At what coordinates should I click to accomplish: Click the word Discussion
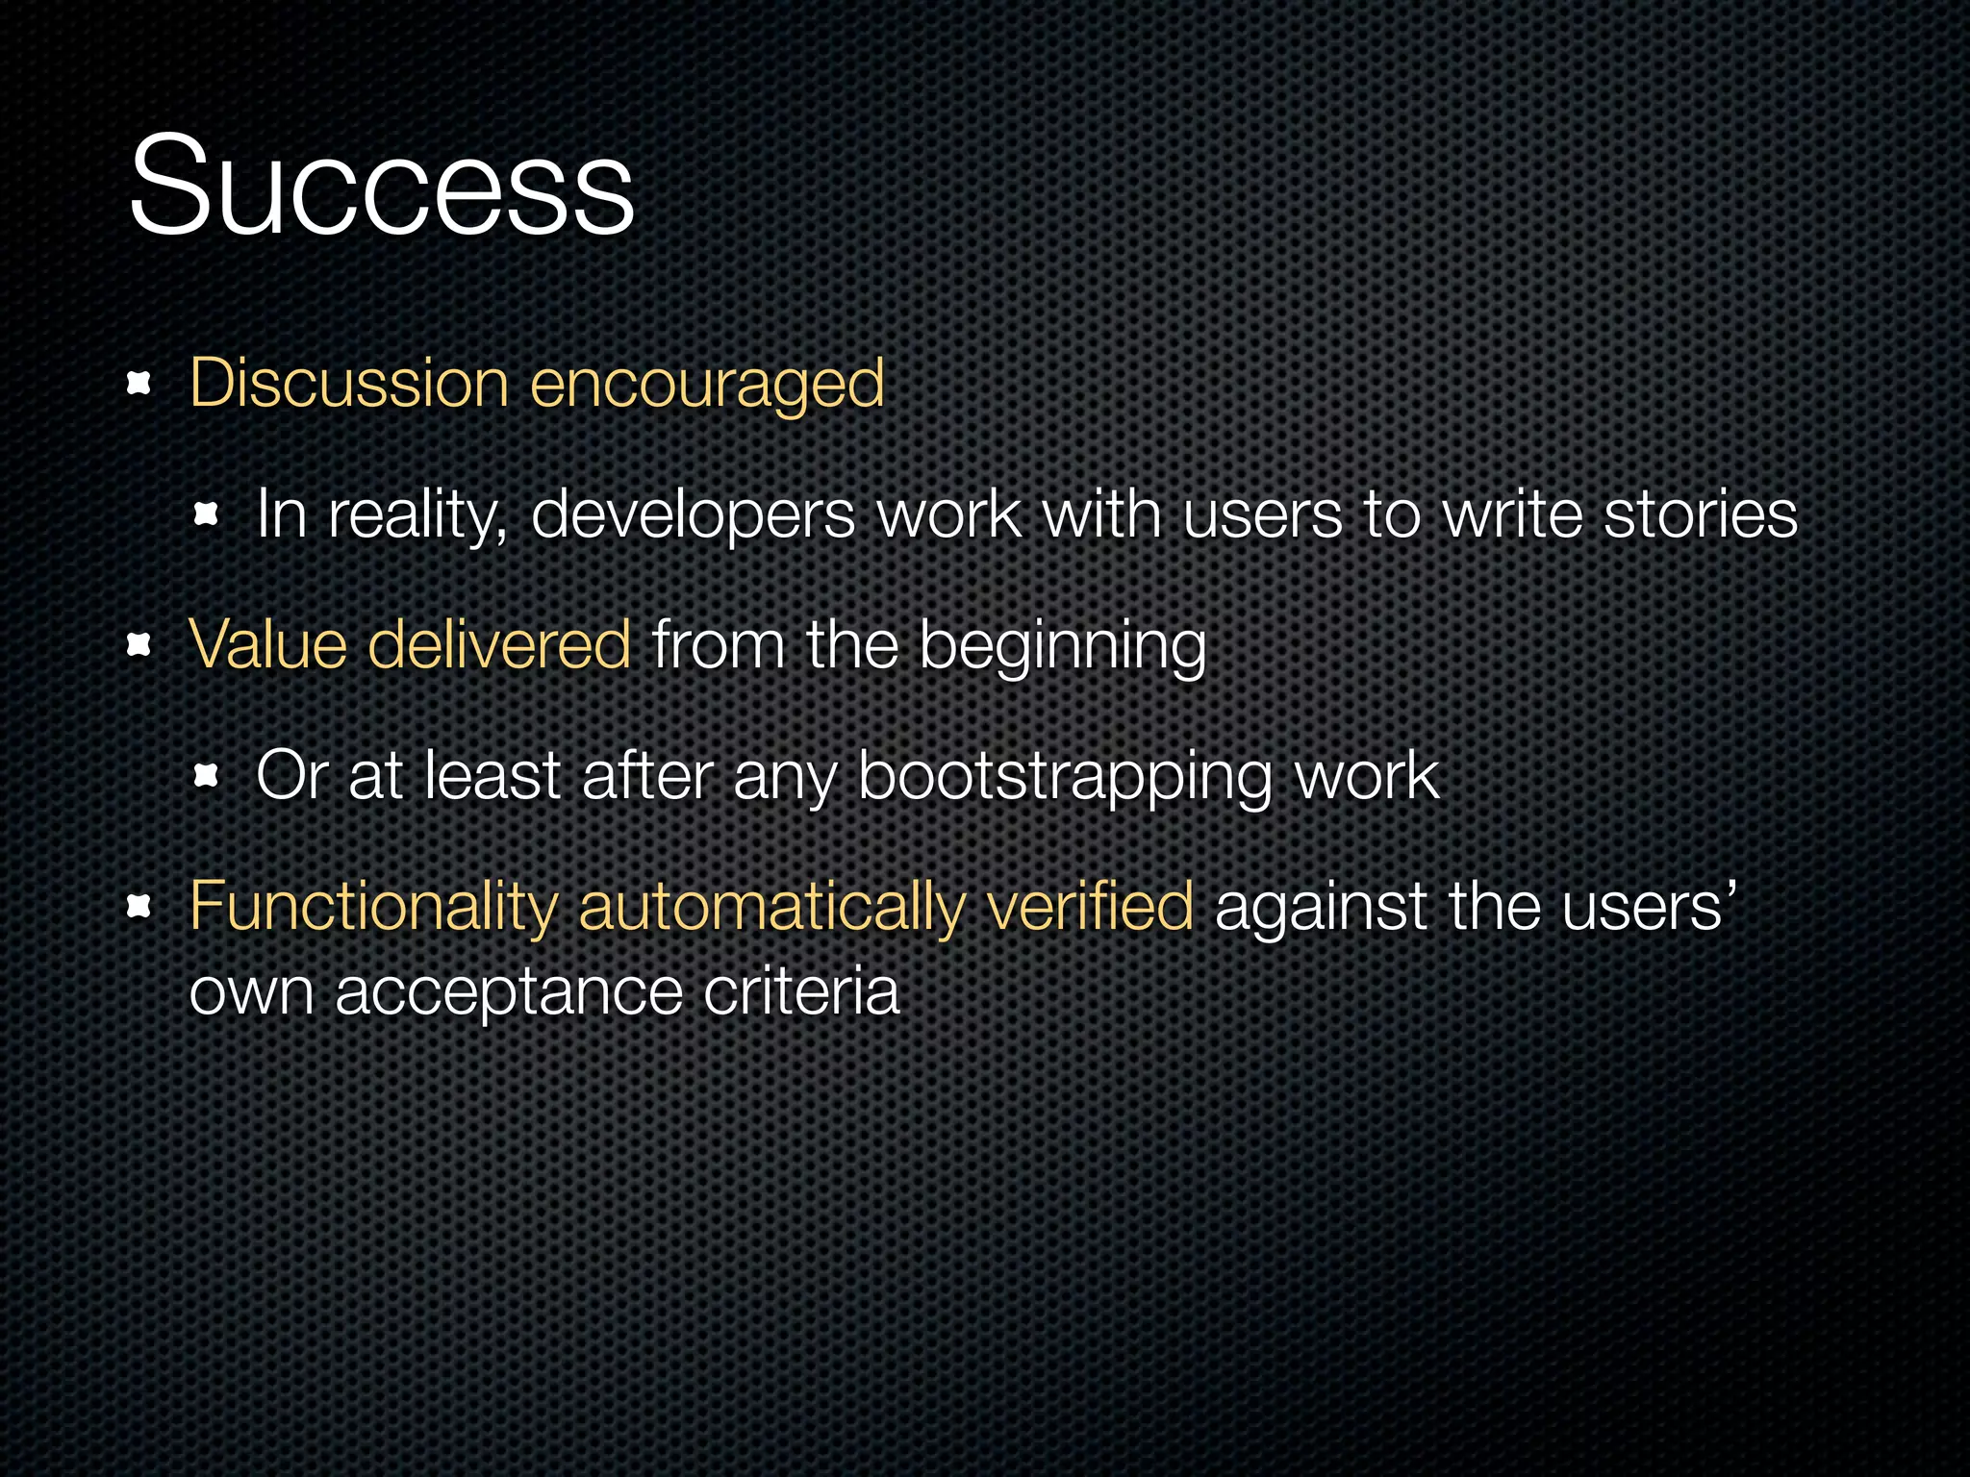[x=348, y=384]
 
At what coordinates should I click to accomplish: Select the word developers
[x=692, y=515]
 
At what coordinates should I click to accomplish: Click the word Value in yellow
[x=267, y=643]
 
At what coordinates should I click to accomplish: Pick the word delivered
[x=499, y=643]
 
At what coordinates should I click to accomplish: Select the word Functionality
[x=373, y=907]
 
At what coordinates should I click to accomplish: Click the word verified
[x=1089, y=905]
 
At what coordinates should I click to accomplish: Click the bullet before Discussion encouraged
[x=139, y=385]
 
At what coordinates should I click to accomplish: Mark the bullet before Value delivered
[x=139, y=645]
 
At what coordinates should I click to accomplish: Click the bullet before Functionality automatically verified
[x=139, y=906]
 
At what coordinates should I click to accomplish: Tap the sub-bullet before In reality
[x=207, y=514]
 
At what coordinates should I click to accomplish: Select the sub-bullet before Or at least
[x=207, y=775]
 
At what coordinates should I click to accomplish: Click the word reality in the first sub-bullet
[x=417, y=515]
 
